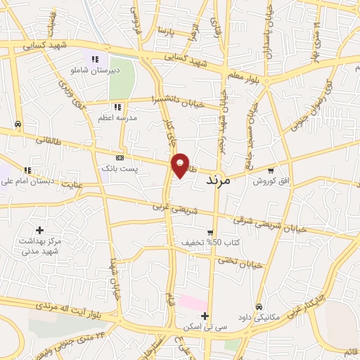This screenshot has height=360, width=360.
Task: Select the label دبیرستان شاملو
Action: point(94,70)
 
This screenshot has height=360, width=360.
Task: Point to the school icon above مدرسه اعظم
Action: point(117,108)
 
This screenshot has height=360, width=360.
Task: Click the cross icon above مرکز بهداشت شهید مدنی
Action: point(39,230)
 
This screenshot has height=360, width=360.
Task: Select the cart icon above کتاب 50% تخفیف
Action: point(210,233)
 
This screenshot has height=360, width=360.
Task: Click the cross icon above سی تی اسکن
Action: point(204,316)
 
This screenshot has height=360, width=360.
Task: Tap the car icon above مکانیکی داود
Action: point(259,307)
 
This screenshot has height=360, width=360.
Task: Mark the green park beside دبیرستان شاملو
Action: point(121,83)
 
